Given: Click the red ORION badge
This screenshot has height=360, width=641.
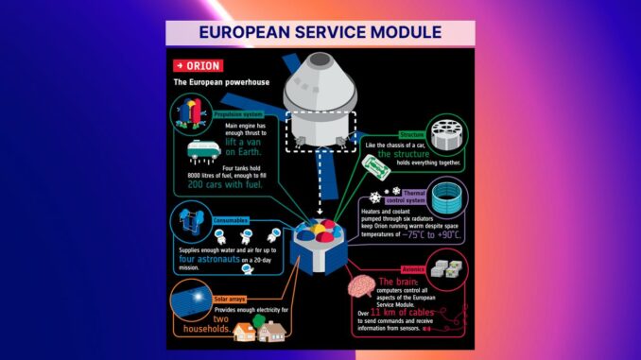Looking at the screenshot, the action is point(197,65).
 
